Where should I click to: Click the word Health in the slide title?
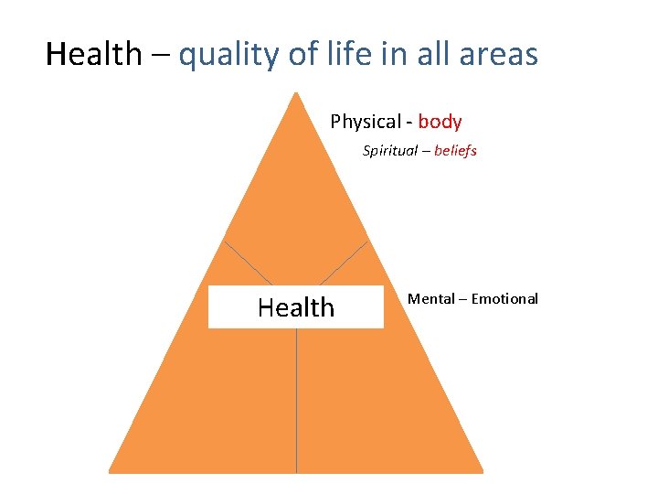click(94, 55)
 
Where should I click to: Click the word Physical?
click(365, 122)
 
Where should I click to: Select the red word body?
click(440, 122)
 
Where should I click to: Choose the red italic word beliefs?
click(455, 151)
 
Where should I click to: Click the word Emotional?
click(504, 299)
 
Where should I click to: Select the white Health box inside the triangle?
click(295, 307)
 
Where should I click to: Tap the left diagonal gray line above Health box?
click(248, 263)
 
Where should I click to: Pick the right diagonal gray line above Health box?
click(345, 263)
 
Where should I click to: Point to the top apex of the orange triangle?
click(295, 94)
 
